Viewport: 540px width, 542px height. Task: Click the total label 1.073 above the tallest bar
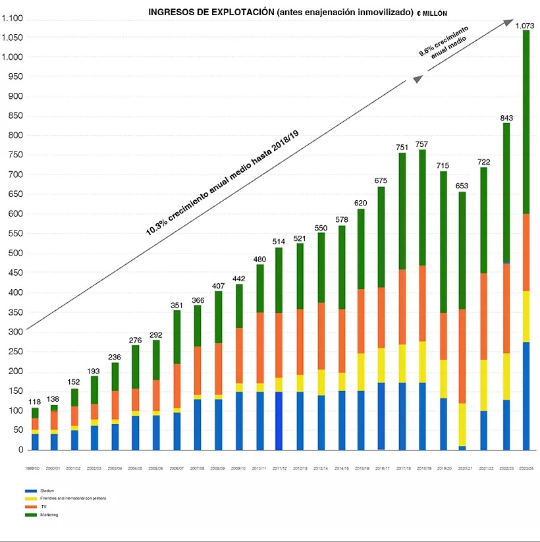click(525, 26)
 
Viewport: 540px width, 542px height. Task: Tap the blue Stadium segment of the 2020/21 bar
click(463, 448)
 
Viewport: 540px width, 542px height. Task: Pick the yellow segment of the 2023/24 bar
click(526, 316)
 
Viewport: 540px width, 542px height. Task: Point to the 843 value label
click(506, 118)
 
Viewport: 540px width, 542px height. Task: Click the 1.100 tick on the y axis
click(13, 18)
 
